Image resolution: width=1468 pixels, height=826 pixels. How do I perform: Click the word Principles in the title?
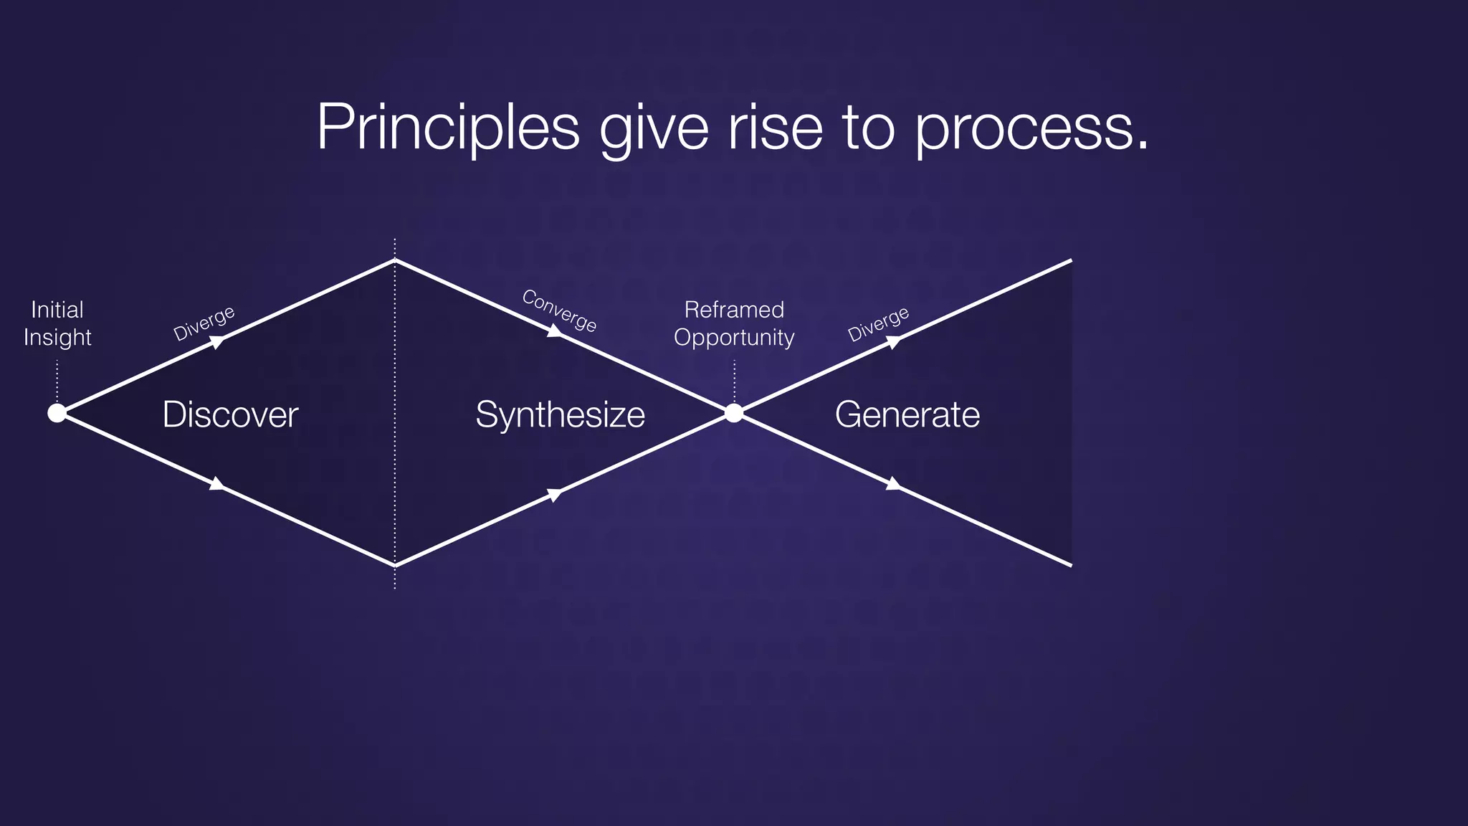click(447, 127)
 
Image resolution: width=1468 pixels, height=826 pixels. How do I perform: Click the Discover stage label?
click(230, 414)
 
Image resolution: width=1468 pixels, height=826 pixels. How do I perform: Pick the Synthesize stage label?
click(560, 414)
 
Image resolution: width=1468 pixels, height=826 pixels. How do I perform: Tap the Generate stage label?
click(907, 414)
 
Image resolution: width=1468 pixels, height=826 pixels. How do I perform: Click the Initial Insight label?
click(57, 323)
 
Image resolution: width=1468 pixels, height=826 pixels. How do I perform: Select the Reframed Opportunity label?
click(734, 323)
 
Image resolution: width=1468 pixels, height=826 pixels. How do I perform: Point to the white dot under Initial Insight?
click(57, 413)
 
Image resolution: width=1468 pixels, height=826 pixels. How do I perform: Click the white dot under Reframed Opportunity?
click(734, 413)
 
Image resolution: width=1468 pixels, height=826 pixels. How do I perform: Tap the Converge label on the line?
click(559, 310)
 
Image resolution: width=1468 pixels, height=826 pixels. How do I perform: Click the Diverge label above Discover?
click(204, 323)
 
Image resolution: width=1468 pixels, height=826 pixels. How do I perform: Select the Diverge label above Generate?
click(878, 323)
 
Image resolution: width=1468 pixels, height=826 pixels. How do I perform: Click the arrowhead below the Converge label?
click(555, 331)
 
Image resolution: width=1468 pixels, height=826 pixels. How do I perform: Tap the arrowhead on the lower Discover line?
click(216, 484)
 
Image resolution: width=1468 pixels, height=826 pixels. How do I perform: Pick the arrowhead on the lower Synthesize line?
click(555, 495)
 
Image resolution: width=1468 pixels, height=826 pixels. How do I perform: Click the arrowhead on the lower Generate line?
click(893, 484)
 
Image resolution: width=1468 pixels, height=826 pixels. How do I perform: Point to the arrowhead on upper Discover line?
click(216, 342)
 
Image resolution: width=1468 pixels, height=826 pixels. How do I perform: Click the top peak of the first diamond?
click(395, 260)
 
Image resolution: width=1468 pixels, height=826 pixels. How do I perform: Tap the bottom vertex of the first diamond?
click(395, 565)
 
